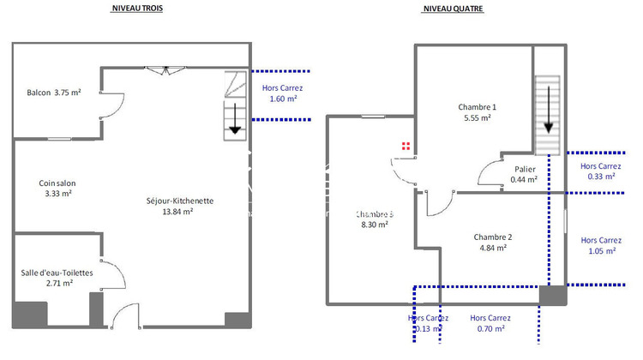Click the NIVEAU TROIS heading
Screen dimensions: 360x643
(137, 9)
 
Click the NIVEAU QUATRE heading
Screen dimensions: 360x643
(453, 9)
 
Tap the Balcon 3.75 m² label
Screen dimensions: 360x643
(54, 93)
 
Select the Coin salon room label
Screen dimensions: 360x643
(55, 188)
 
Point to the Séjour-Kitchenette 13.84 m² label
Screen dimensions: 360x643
(180, 206)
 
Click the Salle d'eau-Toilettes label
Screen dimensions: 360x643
(57, 277)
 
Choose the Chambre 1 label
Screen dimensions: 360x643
(478, 112)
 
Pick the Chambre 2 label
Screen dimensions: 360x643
(492, 242)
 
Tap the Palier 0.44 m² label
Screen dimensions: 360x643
(524, 174)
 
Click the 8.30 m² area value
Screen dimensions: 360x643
(374, 225)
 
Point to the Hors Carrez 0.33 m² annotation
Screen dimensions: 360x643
(600, 171)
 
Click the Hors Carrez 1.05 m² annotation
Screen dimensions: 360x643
(600, 245)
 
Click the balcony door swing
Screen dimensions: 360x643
(109, 107)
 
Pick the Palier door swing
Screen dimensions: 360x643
(490, 174)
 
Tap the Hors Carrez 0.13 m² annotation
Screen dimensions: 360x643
(426, 322)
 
